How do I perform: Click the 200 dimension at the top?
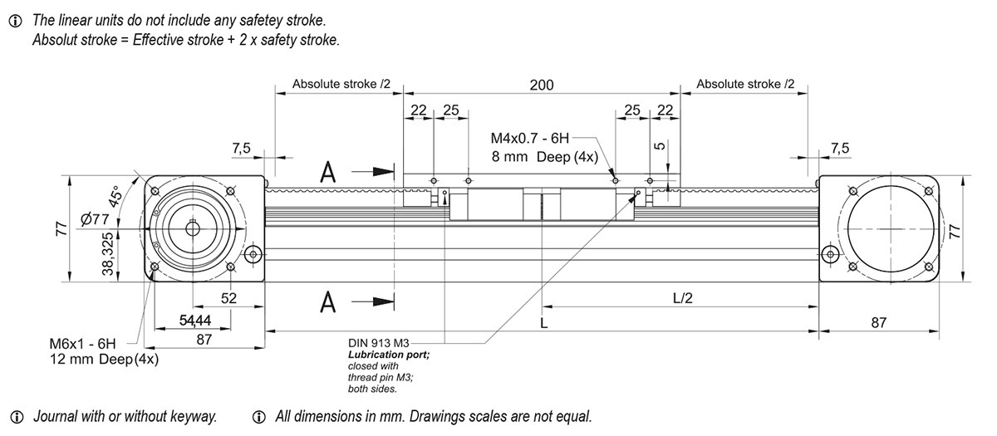pos(542,85)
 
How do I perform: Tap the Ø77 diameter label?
pos(96,219)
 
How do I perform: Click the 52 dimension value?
pos(229,297)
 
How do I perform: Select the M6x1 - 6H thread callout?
pos(81,343)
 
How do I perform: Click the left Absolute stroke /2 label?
pos(335,85)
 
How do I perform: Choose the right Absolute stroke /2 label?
pos(744,85)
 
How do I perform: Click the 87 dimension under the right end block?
pos(878,322)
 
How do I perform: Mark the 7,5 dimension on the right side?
pos(840,148)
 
